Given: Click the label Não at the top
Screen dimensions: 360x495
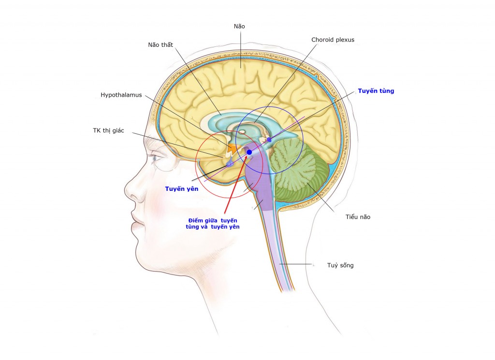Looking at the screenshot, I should [239, 26].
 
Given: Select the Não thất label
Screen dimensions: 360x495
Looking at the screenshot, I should [160, 45].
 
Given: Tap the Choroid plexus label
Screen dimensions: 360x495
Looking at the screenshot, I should [333, 40].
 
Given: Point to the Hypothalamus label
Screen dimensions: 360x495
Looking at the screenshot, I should [121, 95].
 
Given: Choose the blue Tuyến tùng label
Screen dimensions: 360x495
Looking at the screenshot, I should [376, 91].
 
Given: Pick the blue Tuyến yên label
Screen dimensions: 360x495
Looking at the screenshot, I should [181, 189].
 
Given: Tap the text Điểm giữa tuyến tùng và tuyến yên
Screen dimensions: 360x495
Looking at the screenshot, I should [213, 223].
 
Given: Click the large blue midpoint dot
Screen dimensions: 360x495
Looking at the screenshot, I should [249, 152].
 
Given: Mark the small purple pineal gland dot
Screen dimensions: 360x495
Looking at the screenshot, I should [269, 140].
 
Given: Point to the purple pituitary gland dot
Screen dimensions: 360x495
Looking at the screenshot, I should [230, 164].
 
